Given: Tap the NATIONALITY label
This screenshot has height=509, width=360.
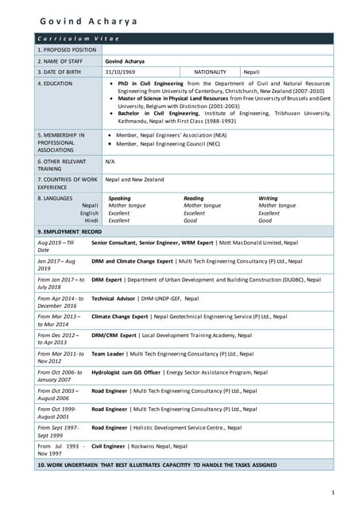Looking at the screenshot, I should [x=211, y=72].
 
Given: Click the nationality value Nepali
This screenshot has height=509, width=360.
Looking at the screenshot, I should [x=253, y=72].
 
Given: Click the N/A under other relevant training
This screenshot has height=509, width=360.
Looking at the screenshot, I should [x=110, y=160].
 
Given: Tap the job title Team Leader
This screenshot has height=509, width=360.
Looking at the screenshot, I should [x=108, y=353].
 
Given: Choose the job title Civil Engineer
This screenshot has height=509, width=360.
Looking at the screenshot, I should [x=109, y=446].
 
